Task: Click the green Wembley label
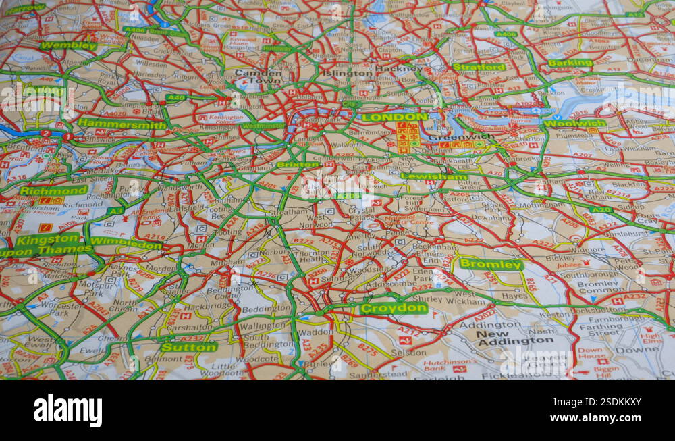68,46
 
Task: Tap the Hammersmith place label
122,124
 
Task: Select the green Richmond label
53,190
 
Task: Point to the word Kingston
48,240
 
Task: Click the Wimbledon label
126,242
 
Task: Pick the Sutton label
189,347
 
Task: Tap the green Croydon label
394,309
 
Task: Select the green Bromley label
491,264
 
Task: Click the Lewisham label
433,176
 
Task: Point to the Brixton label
298,165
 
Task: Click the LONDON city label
395,117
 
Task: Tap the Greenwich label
470,136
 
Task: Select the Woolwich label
575,124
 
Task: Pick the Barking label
570,63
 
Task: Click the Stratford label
479,67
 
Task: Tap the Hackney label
398,68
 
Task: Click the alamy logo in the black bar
67,411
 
